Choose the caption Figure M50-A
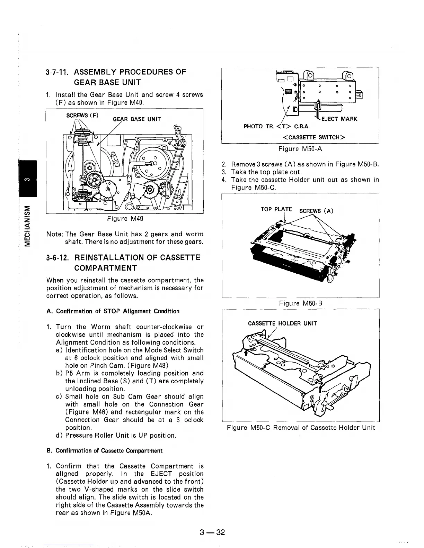301,149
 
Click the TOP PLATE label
276,209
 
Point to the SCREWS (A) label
316,211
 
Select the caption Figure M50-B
301,303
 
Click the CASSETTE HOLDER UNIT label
282,323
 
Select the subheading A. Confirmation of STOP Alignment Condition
113,311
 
